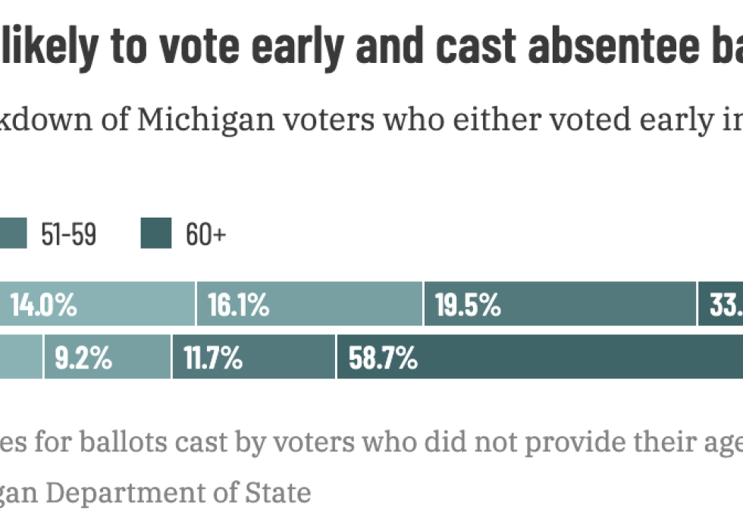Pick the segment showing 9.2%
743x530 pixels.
click(x=107, y=357)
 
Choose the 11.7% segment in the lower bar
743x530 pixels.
click(x=253, y=357)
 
